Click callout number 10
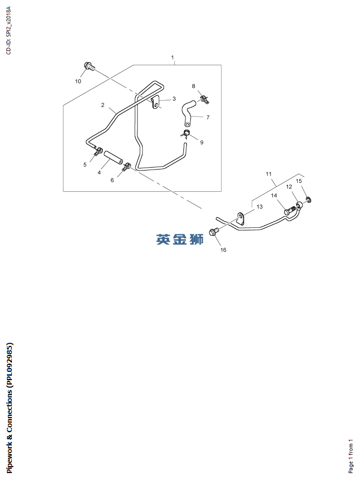(78, 81)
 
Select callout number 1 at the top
(173, 58)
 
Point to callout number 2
(102, 105)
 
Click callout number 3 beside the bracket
(174, 99)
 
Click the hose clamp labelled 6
(127, 167)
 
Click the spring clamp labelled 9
(185, 133)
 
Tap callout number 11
(269, 174)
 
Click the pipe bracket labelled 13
(241, 219)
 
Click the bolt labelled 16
(215, 231)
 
